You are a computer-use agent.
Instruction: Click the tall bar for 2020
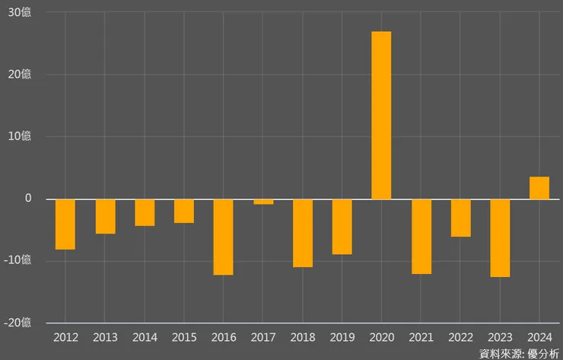(x=381, y=115)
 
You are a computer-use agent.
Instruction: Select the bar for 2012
(x=65, y=224)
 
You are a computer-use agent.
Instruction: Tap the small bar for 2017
(x=263, y=202)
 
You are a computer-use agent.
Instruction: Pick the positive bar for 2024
(x=539, y=188)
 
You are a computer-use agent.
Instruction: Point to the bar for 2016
(x=223, y=237)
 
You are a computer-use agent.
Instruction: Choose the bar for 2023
(x=500, y=237)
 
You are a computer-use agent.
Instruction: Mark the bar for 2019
(x=342, y=226)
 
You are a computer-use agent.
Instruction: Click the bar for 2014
(x=145, y=212)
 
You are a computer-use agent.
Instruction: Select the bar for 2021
(x=421, y=236)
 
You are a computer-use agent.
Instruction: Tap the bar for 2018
(x=302, y=233)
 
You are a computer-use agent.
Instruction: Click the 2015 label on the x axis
(x=184, y=336)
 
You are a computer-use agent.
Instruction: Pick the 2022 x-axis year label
(x=460, y=336)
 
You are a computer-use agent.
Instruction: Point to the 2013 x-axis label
(x=105, y=336)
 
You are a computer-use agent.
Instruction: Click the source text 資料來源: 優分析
(x=519, y=353)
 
